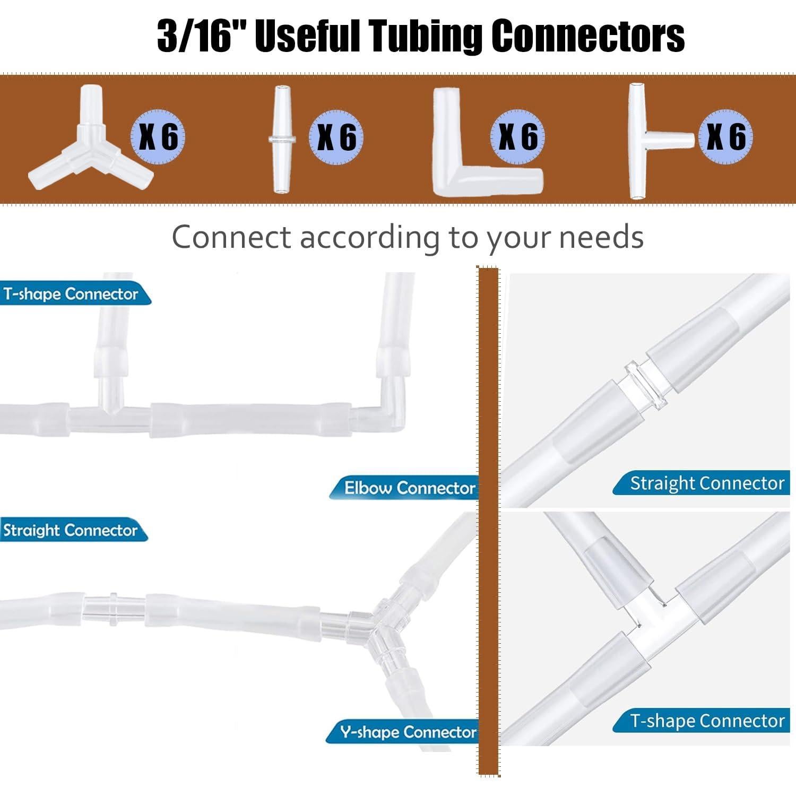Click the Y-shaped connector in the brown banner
91,151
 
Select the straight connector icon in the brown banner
282,140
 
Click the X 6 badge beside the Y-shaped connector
158,136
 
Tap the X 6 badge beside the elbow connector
518,136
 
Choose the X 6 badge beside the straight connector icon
336,137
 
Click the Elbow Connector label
409,488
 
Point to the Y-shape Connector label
409,732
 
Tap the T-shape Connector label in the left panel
71,294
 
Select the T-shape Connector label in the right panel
707,721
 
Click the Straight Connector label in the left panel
70,530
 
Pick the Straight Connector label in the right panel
707,483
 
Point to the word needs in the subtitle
602,237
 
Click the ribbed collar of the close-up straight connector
645,384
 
